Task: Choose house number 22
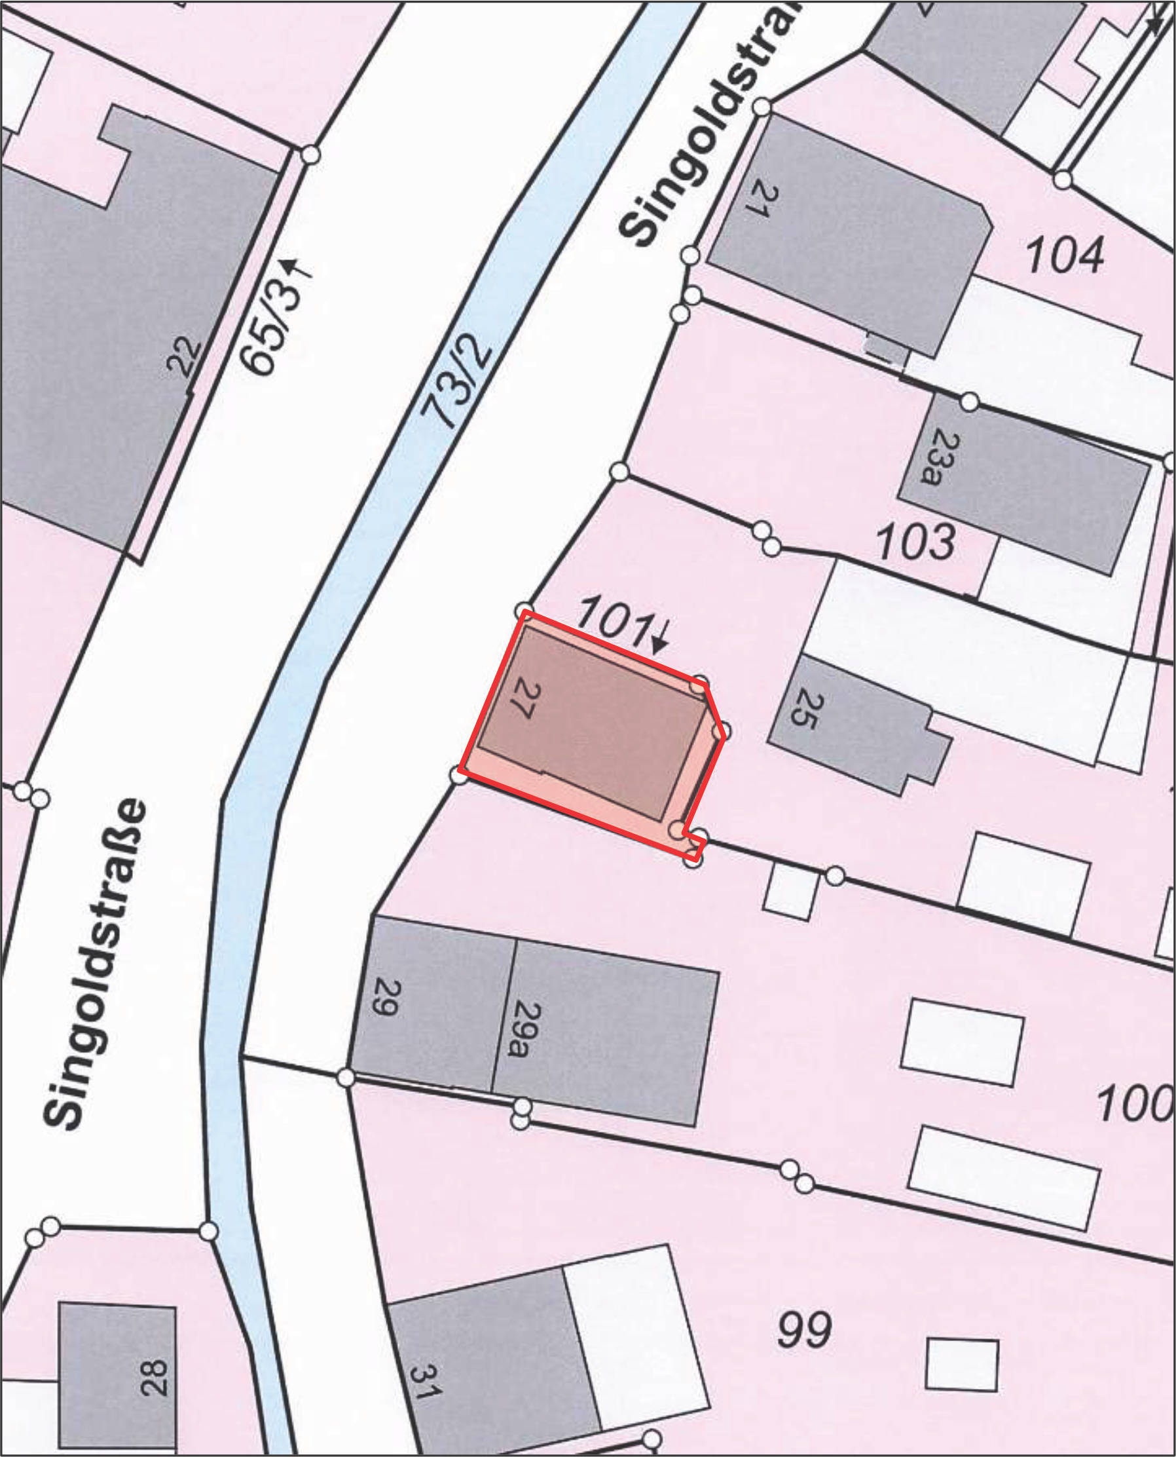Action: [x=185, y=357]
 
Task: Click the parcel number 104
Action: [x=1064, y=255]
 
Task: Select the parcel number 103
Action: [x=915, y=543]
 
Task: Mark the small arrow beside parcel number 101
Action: [x=658, y=637]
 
